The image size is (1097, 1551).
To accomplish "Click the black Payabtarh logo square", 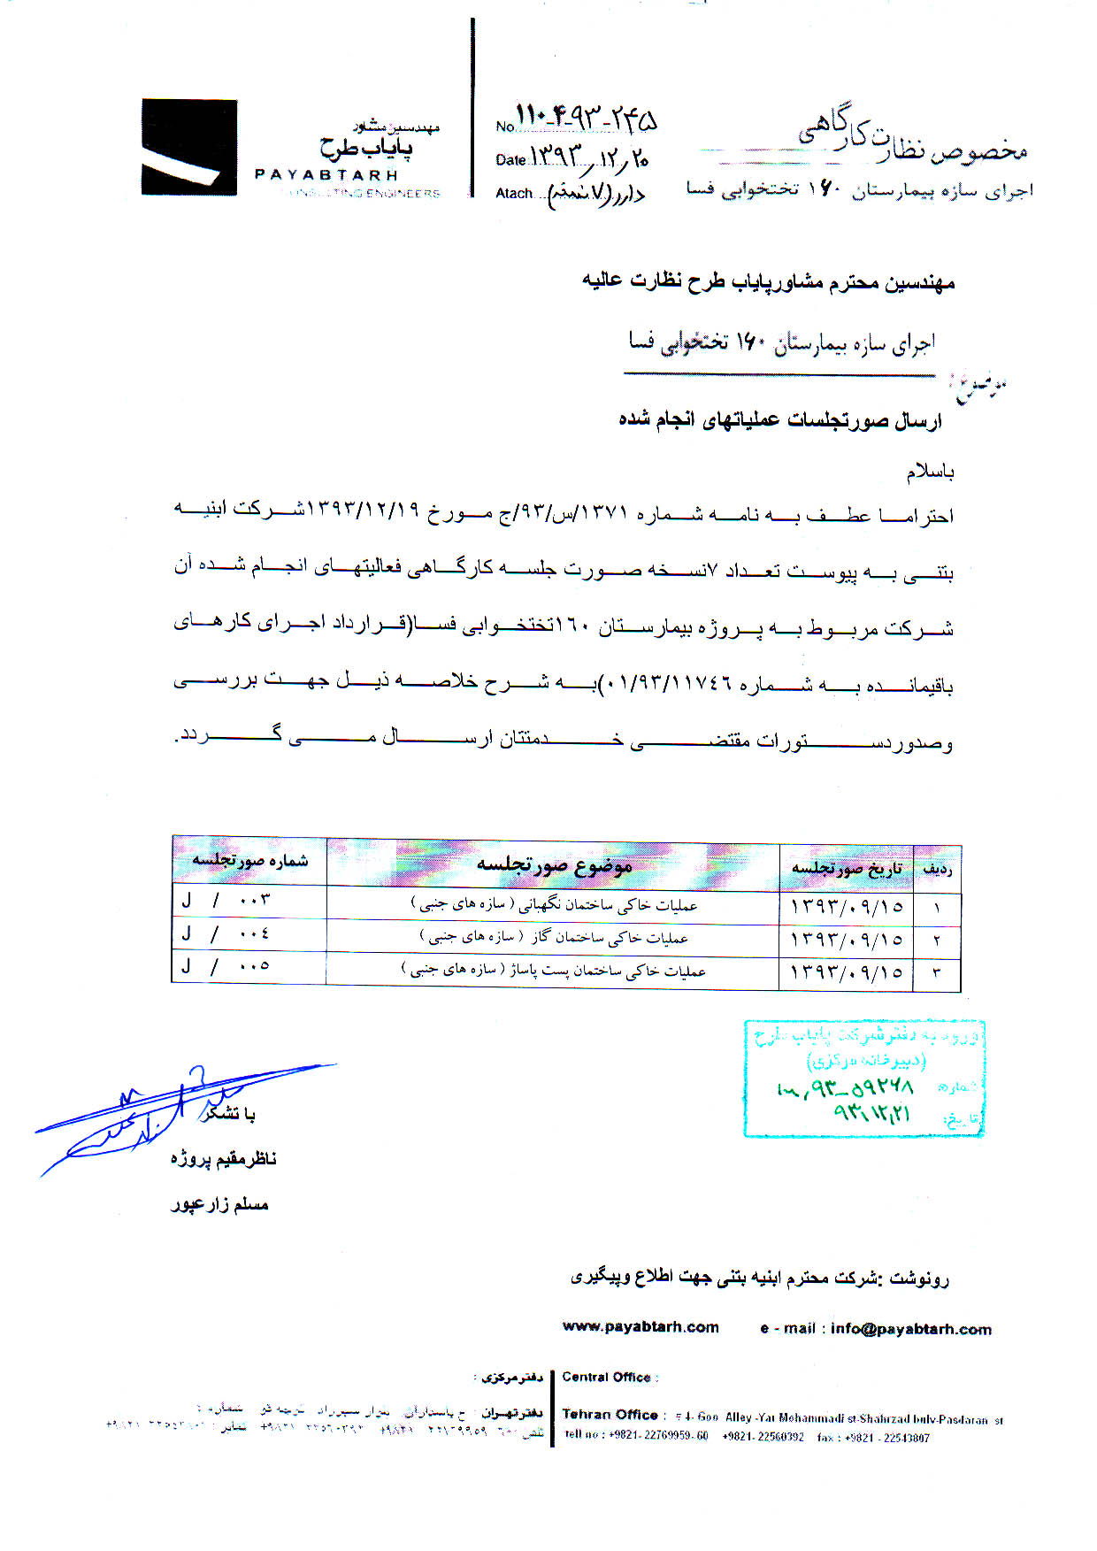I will pos(188,147).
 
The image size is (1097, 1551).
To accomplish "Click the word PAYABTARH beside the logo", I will pos(326,175).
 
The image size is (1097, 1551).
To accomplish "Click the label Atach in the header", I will pos(514,194).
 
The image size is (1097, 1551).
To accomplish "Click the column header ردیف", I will pos(936,869).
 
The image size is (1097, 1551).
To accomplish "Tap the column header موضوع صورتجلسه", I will pos(554,864).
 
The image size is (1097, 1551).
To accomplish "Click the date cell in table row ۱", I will pos(846,906).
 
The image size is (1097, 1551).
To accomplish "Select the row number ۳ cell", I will pos(936,972).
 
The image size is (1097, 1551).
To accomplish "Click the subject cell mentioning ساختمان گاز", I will pos(554,937).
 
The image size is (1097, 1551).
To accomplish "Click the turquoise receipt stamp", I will pos(864,1077).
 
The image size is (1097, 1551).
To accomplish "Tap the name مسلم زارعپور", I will pos(219,1204).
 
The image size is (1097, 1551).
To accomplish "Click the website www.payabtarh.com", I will pos(641,1327).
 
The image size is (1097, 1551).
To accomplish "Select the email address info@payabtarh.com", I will pos(910,1329).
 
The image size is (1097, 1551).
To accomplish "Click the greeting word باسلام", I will pos(929,472).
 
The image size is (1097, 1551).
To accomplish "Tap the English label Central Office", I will pos(607,1377).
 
